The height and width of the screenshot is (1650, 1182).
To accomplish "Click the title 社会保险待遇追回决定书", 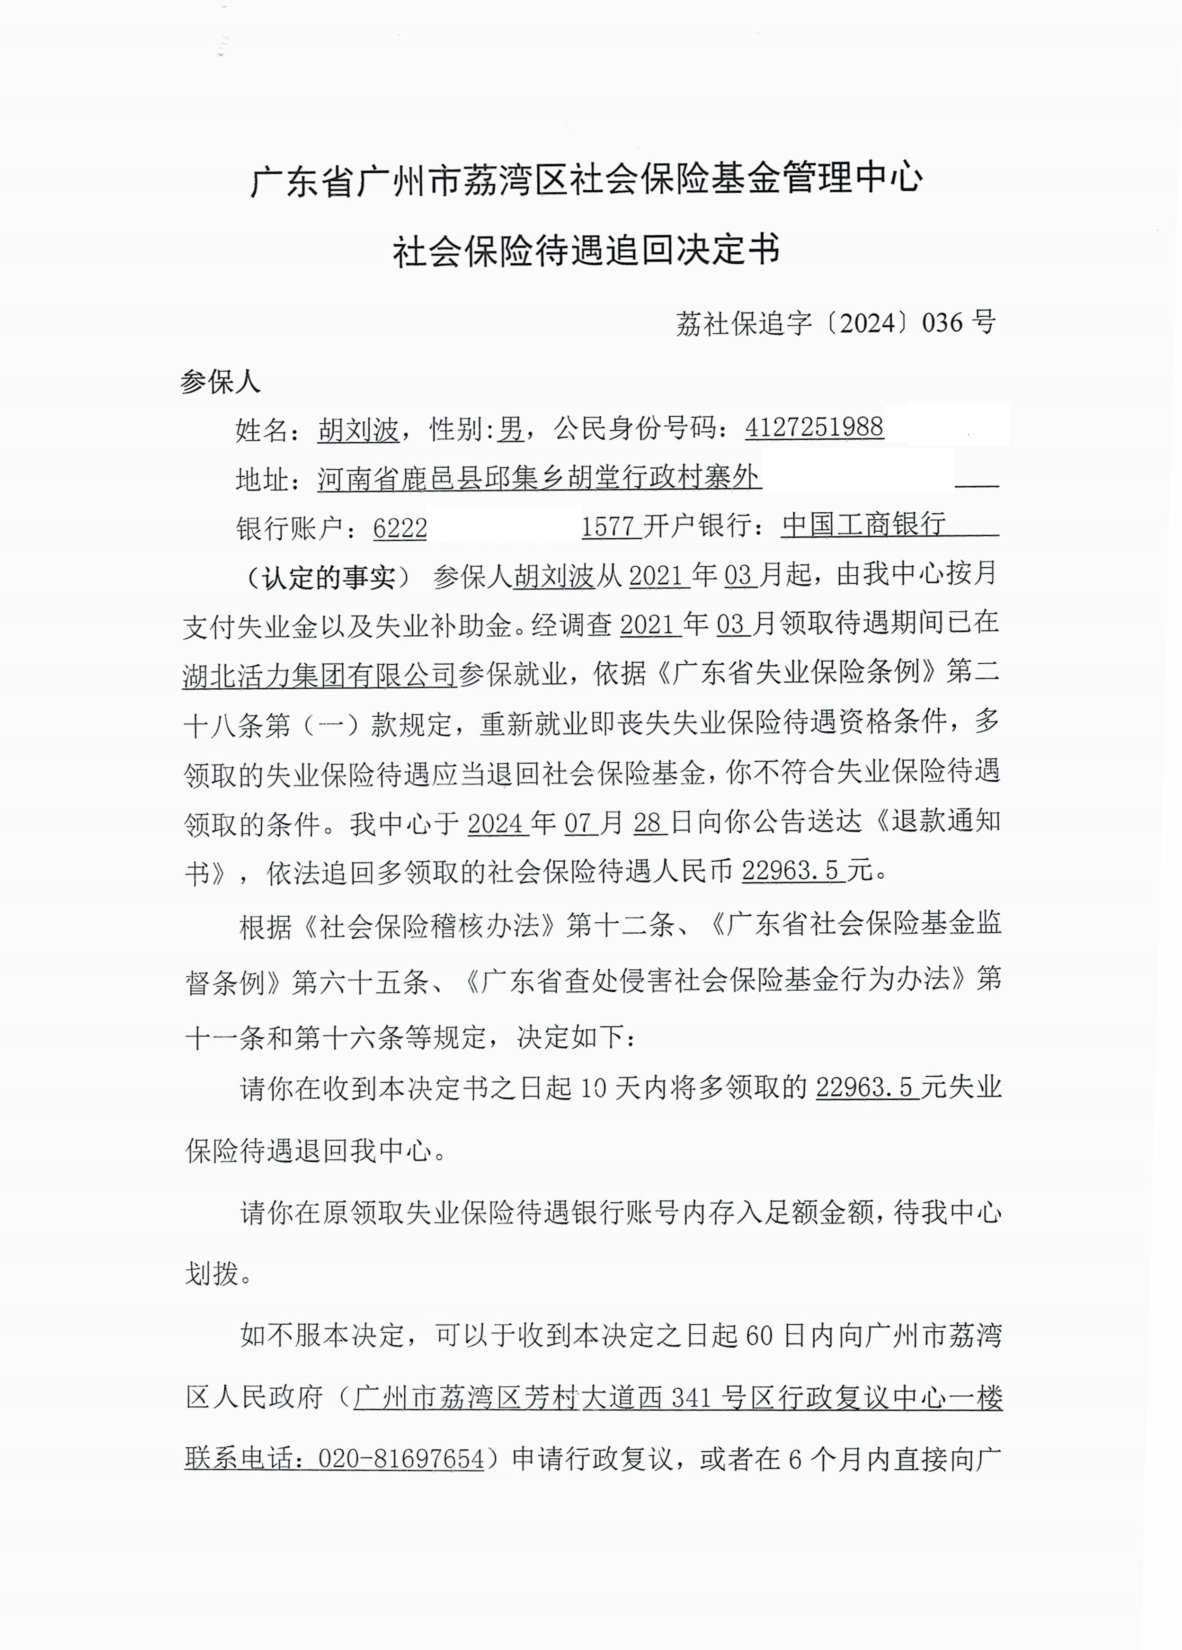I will click(x=587, y=251).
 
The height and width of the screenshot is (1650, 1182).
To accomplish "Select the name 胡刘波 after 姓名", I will click(x=359, y=430).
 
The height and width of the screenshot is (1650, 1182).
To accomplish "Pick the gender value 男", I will click(x=511, y=429).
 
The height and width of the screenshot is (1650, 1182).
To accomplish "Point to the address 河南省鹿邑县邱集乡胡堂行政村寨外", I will click(x=539, y=478).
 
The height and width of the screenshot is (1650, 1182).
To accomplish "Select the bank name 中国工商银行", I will click(x=863, y=525).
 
